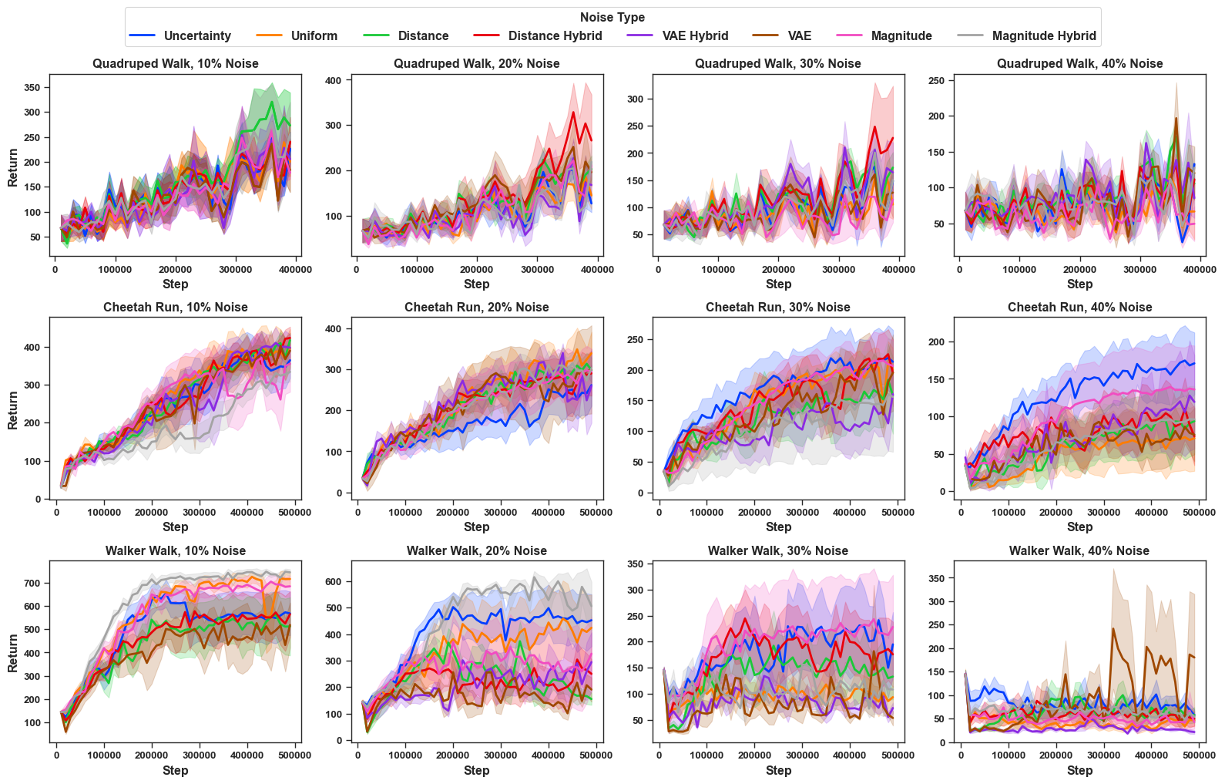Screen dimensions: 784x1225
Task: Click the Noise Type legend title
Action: [x=612, y=17]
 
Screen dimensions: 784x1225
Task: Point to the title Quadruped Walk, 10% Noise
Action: [x=176, y=63]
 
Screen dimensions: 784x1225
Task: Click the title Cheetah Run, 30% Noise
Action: [x=778, y=307]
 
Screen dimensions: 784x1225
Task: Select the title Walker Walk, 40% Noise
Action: [x=1079, y=550]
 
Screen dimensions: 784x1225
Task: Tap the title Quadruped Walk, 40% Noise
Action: [x=1079, y=63]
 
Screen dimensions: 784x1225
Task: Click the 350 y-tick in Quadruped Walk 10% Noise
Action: [x=32, y=88]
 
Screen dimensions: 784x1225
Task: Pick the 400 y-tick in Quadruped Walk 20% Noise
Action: [x=334, y=79]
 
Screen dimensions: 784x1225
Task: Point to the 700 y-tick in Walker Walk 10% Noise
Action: [x=32, y=584]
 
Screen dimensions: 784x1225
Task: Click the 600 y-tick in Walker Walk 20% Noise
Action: [x=334, y=582]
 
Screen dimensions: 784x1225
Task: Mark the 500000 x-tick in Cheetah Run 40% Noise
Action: [x=1200, y=512]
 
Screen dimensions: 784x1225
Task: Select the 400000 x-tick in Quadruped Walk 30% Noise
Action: [x=898, y=269]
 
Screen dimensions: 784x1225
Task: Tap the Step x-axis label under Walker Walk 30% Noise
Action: [x=778, y=770]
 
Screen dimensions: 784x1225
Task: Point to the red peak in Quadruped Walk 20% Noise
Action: [x=573, y=113]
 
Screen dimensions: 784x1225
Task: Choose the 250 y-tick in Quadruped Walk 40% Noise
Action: [x=937, y=80]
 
